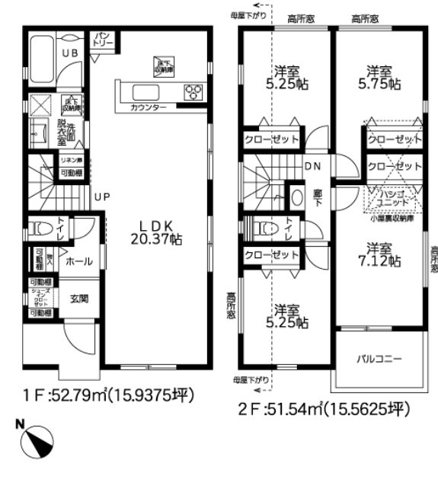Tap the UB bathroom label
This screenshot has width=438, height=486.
pos(69,53)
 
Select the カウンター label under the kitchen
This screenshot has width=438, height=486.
pos(149,109)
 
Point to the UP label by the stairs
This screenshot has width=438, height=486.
pos(102,196)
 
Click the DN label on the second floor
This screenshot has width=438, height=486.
pos(312,166)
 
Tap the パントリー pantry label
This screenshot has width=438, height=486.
pos(103,38)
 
